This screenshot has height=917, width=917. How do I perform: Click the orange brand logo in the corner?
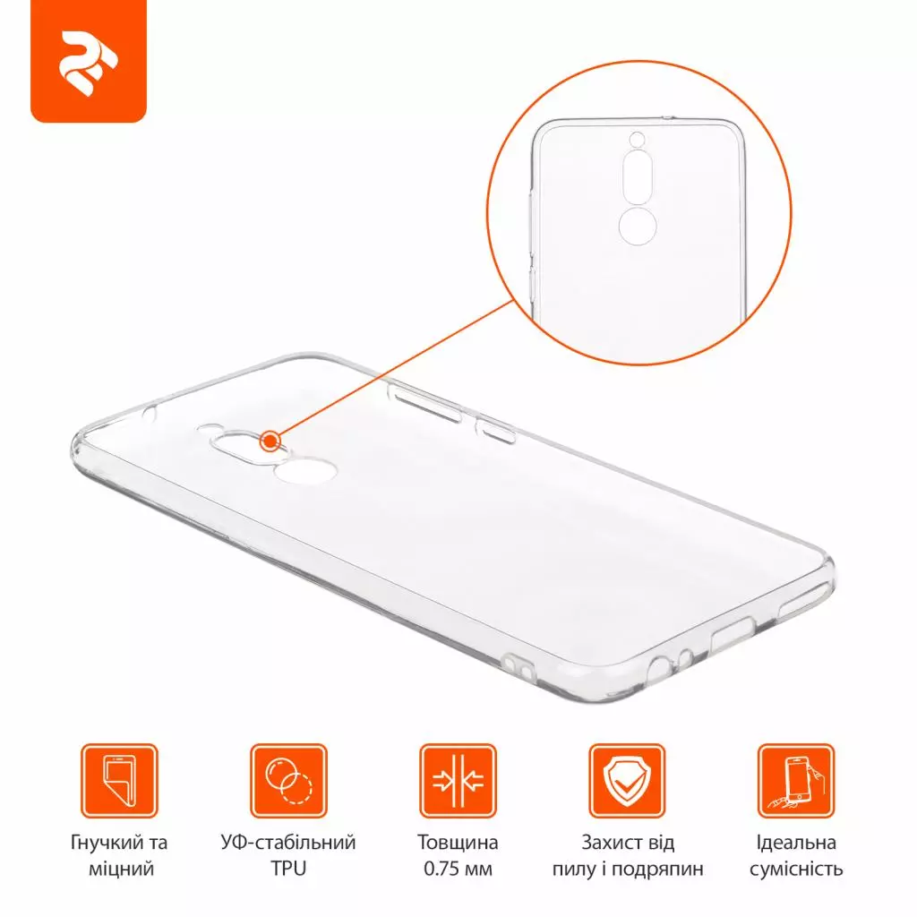88,62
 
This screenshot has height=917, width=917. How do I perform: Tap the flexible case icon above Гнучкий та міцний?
119,781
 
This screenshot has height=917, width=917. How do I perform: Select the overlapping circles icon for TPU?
288,781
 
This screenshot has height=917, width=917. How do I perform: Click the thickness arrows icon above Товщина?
458,781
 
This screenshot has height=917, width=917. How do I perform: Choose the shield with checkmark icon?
627,781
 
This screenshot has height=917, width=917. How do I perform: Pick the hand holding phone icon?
795,781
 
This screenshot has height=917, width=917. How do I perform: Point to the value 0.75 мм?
458,869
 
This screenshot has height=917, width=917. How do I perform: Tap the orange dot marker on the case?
269,441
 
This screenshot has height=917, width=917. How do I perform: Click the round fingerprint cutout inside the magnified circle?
637,227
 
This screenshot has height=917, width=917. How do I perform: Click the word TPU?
288,869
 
